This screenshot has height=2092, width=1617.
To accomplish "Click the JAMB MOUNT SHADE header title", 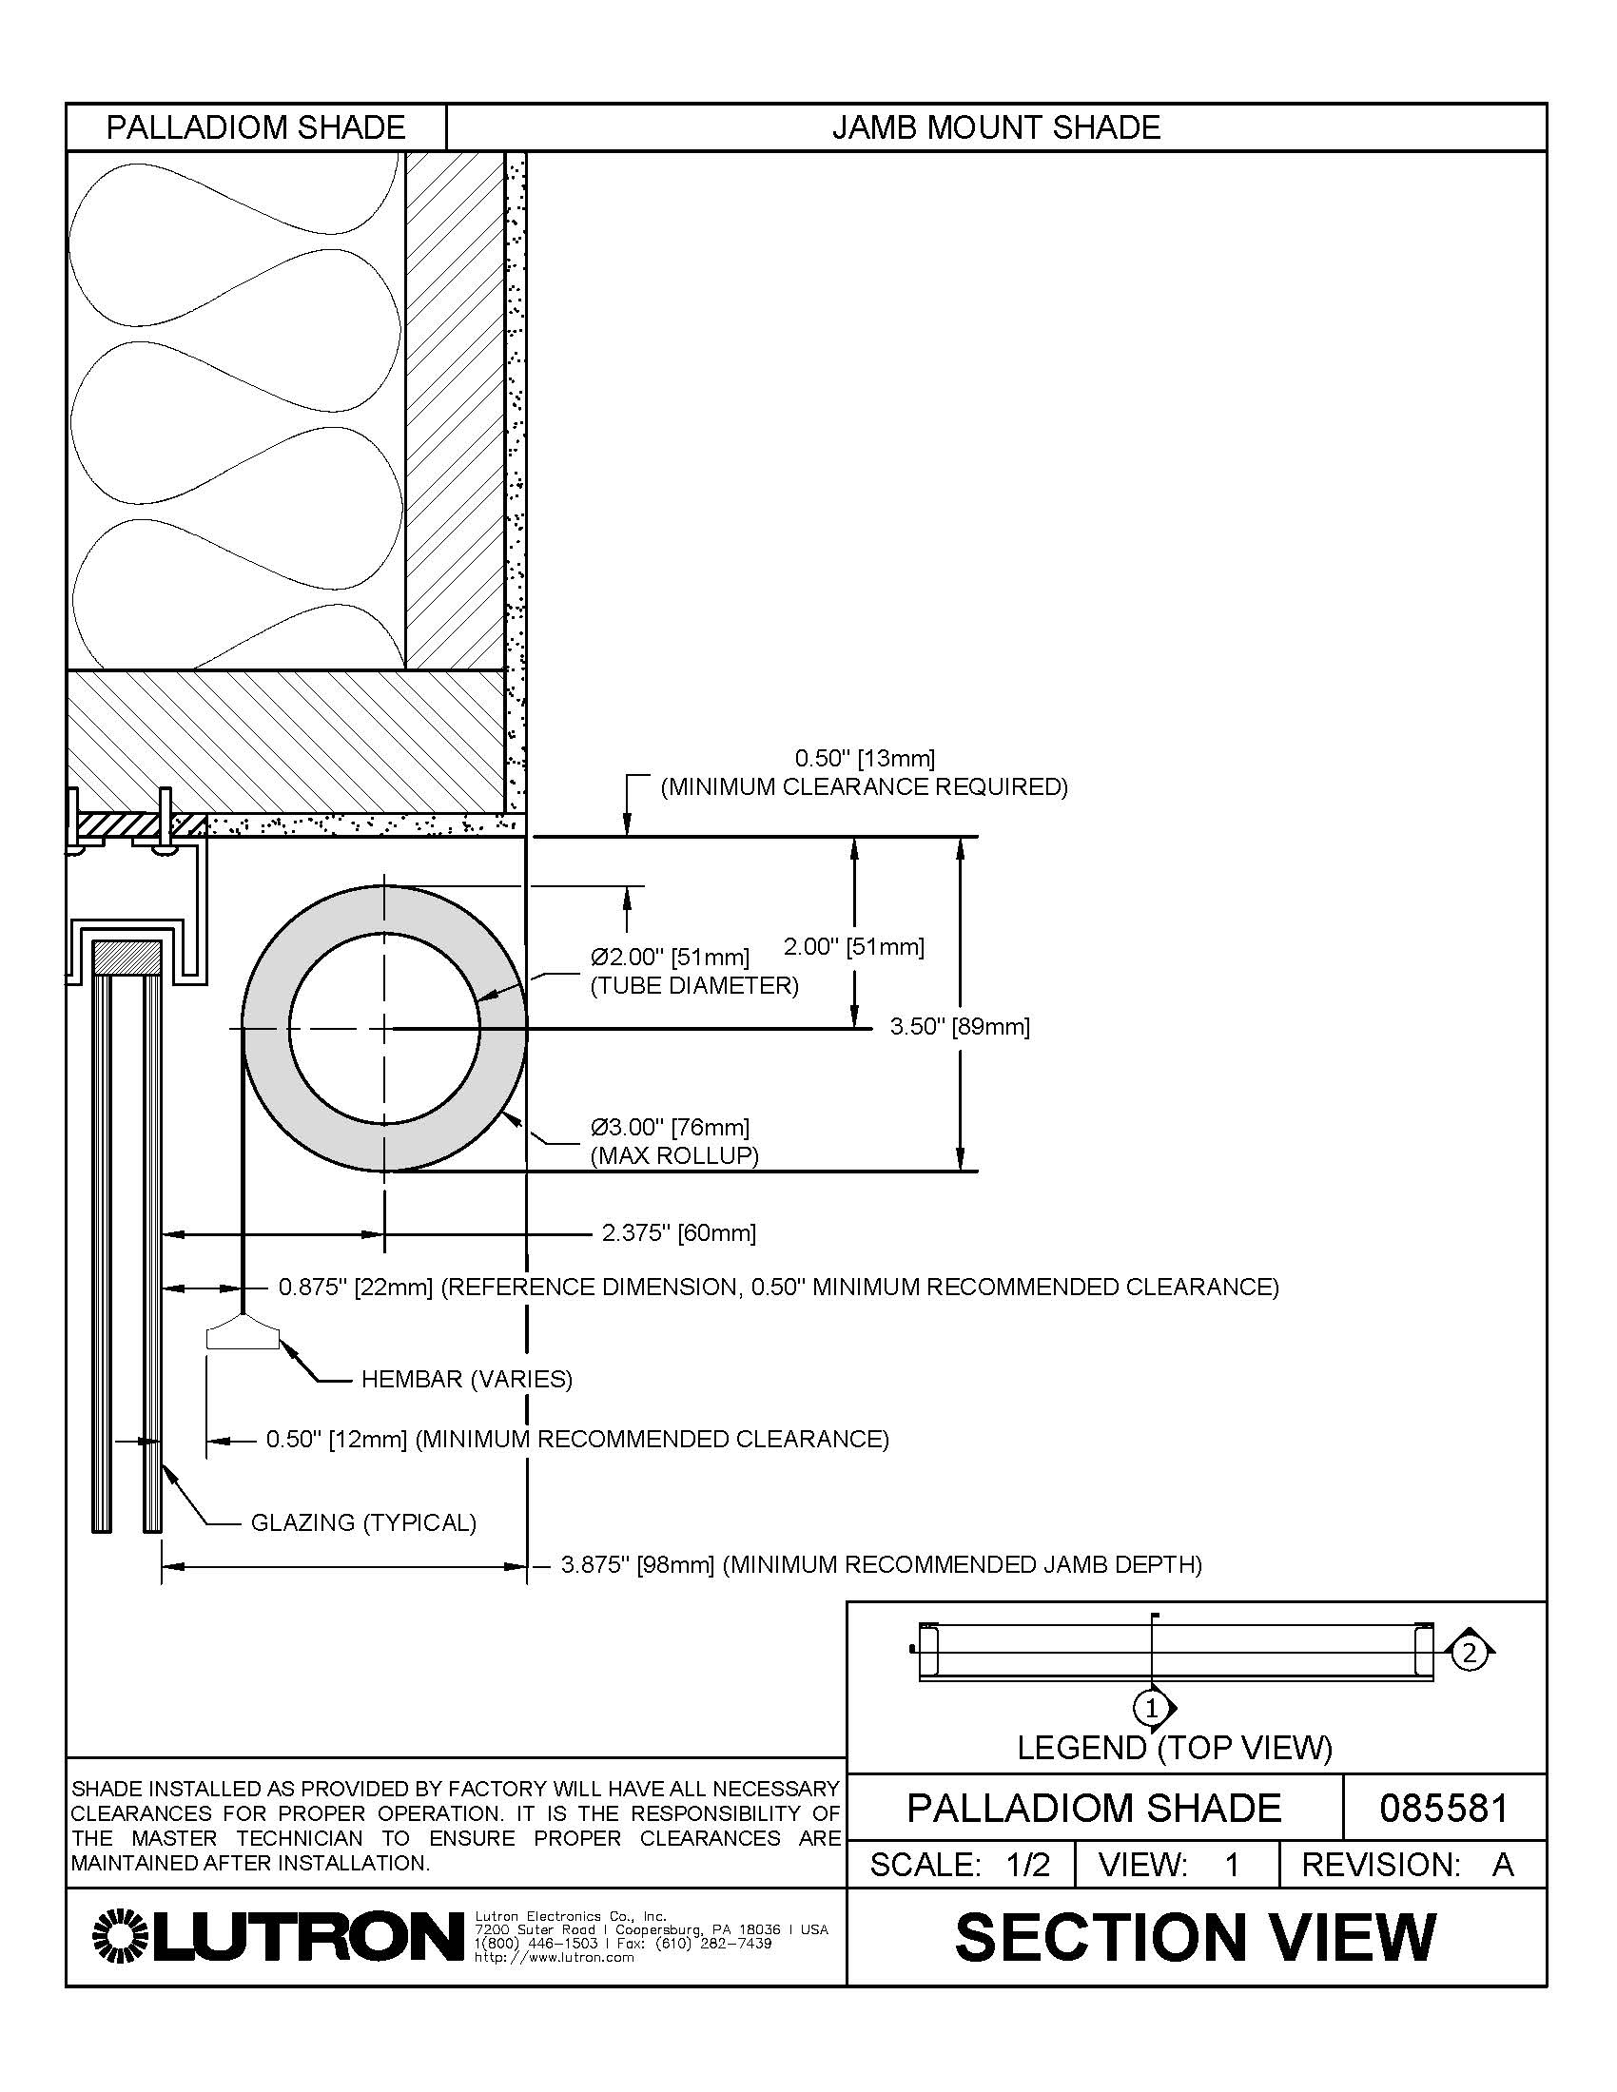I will coord(995,127).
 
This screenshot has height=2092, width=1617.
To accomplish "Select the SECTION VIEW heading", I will coord(1196,1937).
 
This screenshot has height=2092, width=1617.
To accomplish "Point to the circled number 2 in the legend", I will coord(1469,1653).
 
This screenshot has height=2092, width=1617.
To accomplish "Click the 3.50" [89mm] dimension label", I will coord(959,1027).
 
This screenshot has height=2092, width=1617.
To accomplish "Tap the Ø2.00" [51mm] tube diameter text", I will coord(670,956).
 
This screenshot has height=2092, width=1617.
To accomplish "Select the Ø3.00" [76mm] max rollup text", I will coord(670,1127).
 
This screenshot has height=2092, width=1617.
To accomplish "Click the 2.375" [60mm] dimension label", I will coord(678,1232).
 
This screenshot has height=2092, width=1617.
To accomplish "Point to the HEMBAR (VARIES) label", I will coord(466,1380).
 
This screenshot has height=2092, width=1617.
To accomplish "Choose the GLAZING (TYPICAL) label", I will coord(363,1522).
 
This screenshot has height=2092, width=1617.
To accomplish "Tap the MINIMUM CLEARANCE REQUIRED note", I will coord(864,787).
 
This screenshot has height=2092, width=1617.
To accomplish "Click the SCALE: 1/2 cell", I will coord(960,1864).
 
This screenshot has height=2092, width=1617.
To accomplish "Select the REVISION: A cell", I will coord(1407,1864).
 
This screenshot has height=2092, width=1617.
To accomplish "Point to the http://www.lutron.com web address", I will coord(555,1958).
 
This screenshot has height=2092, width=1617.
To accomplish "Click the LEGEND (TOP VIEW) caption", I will coord(1175,1748).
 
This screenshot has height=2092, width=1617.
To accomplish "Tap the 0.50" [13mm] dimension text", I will coord(864,759).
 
